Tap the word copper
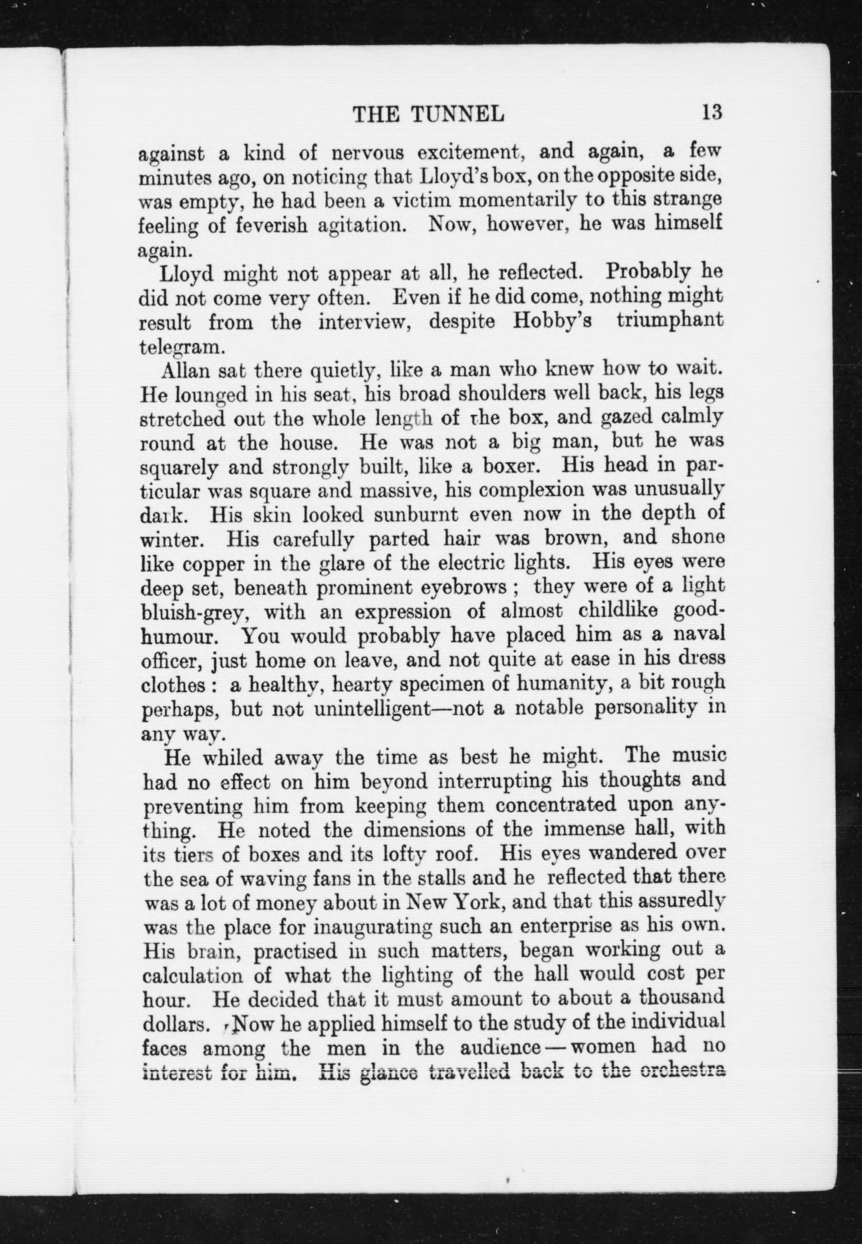click(211, 563)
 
